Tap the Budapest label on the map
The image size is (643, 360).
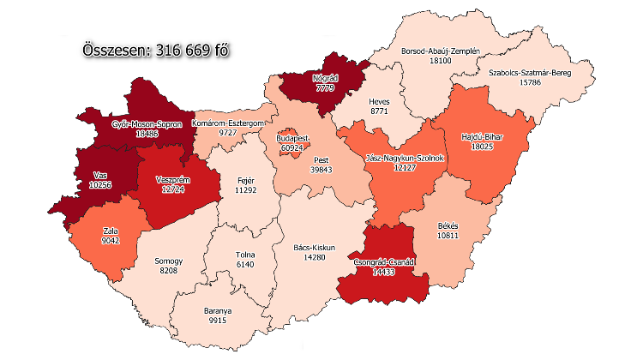[x=293, y=138]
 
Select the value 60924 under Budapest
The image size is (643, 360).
[x=293, y=148]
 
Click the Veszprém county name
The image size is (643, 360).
[x=172, y=179]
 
